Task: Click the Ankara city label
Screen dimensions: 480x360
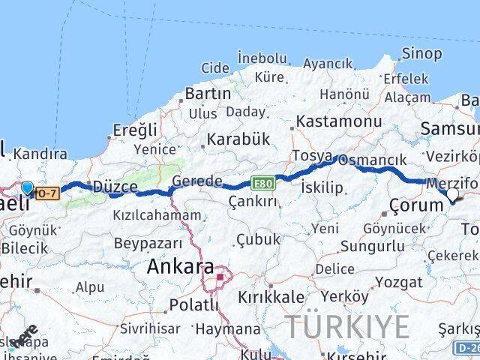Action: click(x=180, y=266)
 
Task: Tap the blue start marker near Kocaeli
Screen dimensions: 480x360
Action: click(x=28, y=187)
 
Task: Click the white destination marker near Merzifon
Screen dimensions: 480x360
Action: click(x=452, y=196)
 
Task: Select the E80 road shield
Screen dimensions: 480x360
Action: click(x=262, y=182)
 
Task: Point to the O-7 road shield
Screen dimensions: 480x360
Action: click(x=47, y=193)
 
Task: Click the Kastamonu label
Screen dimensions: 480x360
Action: click(x=339, y=121)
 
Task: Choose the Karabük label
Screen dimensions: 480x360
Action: click(x=238, y=139)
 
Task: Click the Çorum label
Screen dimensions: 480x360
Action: click(x=417, y=205)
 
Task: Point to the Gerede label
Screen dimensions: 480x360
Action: click(x=197, y=181)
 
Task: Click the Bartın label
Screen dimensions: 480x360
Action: click(x=207, y=94)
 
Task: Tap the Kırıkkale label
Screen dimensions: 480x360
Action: click(x=271, y=298)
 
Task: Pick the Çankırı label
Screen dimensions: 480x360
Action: click(x=253, y=201)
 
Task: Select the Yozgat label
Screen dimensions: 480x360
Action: click(x=398, y=283)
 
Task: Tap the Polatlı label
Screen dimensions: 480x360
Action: click(x=193, y=304)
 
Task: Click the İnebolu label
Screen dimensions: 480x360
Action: click(x=262, y=58)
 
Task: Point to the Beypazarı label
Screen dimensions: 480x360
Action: click(x=148, y=243)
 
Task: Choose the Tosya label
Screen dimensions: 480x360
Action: click(x=312, y=156)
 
